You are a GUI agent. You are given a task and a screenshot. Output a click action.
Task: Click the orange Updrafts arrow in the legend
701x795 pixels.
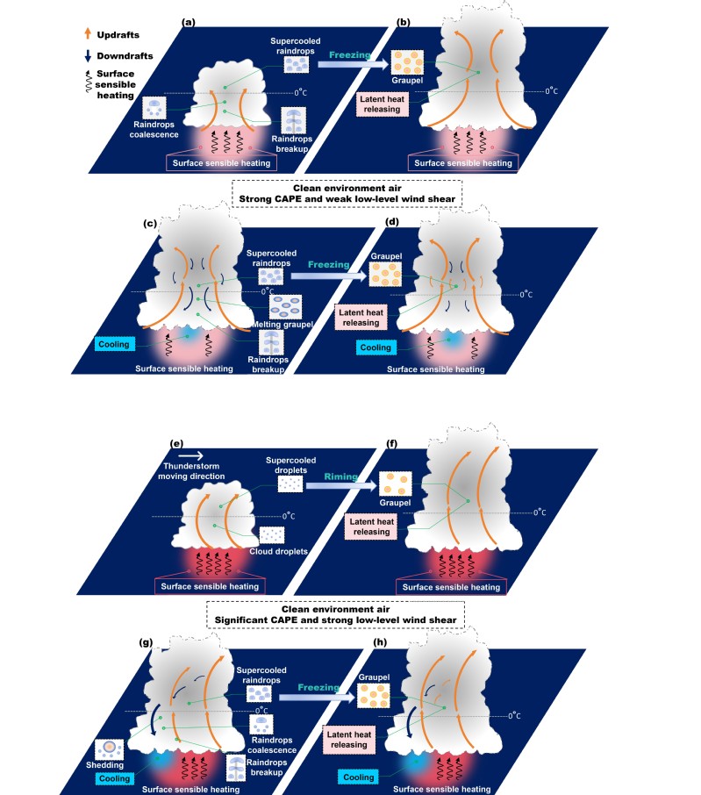coord(88,33)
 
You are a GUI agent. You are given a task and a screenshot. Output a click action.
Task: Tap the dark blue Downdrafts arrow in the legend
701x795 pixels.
coord(88,56)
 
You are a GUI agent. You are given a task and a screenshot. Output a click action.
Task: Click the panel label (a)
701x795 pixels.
coord(188,22)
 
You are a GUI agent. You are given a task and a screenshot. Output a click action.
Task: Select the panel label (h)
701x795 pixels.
coord(380,642)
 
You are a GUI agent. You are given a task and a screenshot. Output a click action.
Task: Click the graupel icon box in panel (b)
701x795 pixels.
coord(407,62)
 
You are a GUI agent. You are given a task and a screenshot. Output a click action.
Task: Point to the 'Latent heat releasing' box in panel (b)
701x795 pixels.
coord(383,104)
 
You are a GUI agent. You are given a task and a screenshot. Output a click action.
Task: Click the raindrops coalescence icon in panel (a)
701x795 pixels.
coord(154,107)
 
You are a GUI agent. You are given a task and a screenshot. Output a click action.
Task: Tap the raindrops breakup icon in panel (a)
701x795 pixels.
coord(294,119)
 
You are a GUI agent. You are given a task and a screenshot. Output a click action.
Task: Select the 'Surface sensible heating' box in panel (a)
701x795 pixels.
coord(221,162)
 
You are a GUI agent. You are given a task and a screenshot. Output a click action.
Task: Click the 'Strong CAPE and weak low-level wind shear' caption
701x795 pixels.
coord(347,198)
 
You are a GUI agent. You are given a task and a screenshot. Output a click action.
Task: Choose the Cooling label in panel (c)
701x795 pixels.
coord(114,344)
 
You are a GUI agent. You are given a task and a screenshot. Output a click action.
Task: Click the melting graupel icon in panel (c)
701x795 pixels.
coord(285,307)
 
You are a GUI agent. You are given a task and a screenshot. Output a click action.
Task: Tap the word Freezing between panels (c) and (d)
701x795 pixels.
coord(328,265)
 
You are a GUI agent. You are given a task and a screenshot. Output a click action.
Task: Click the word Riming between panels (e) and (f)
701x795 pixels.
coord(340,476)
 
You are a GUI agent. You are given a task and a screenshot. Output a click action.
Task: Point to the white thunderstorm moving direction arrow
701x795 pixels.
coord(191,455)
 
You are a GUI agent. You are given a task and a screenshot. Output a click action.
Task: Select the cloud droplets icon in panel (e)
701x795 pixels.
coord(272,535)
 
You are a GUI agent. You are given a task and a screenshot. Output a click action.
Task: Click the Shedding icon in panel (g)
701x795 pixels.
coord(109,749)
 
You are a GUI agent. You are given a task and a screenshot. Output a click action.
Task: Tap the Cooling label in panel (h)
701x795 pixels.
coord(358,777)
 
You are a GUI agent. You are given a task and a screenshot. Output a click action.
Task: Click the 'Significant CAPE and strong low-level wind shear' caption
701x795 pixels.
coord(335,620)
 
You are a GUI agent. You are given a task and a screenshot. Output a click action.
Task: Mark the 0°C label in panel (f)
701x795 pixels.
coord(540,512)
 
